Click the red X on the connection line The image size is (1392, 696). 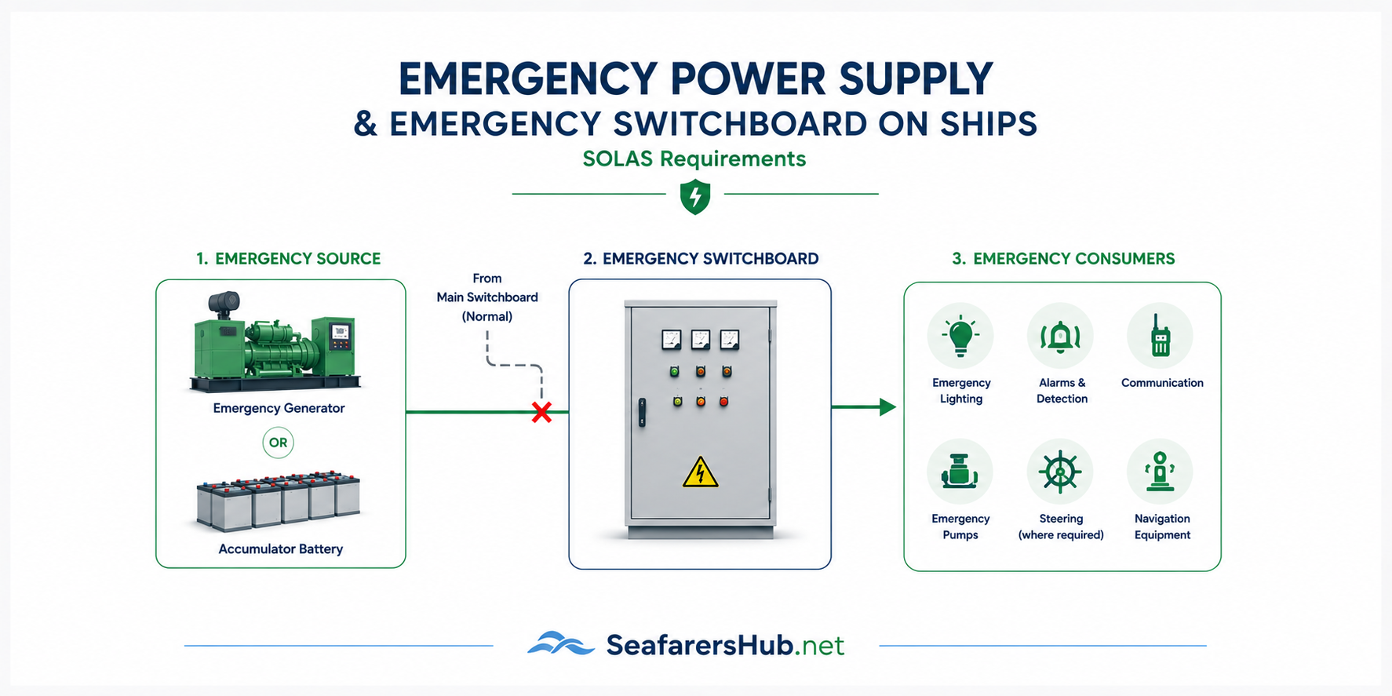coord(541,412)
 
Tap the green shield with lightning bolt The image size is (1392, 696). coord(695,196)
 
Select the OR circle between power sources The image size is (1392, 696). coord(278,443)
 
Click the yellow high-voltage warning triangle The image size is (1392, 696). coord(700,472)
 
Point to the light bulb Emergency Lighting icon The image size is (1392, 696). coord(960,336)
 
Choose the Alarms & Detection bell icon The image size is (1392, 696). coord(1061,336)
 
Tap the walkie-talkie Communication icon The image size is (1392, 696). coord(1161,336)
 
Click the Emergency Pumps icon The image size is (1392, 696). coord(960,472)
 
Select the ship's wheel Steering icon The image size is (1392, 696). coord(1061,472)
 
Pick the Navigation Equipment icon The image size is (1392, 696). coord(1161,472)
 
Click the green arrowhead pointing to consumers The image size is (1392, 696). coord(887,407)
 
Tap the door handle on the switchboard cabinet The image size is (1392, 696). coord(642,412)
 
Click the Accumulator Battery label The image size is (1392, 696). coord(281,549)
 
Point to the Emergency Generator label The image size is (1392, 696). coord(279,408)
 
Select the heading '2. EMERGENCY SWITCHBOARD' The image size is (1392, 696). coord(701,259)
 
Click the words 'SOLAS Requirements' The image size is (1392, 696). coord(694,159)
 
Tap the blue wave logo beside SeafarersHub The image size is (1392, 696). coord(561,643)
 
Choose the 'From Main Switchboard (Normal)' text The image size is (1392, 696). coord(487,297)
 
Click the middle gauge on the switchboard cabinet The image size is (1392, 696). coord(700,340)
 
